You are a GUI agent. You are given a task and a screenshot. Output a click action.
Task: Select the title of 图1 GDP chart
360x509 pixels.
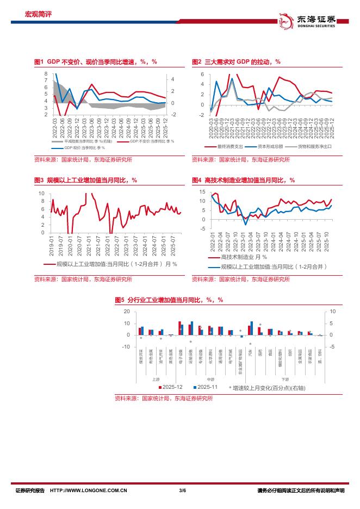(x=95, y=63)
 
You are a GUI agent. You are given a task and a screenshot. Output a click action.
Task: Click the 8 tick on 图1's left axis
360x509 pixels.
(x=46, y=73)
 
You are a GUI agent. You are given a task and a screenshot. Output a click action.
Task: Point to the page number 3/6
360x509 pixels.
(x=182, y=491)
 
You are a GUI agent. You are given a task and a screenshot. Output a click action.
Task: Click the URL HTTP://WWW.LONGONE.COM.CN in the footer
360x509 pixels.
(x=89, y=491)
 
